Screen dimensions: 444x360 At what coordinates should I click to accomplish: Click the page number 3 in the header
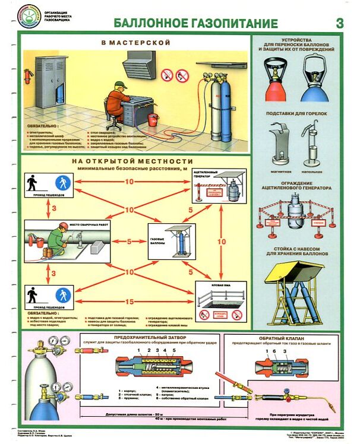[x=340, y=23]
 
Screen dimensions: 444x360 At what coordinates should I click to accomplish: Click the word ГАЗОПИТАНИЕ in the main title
[x=236, y=24]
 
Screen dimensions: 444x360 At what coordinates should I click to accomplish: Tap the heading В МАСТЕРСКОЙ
[x=135, y=43]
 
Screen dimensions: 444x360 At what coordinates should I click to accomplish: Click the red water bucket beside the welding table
[x=153, y=118]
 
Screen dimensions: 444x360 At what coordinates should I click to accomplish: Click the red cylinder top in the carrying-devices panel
[x=275, y=85]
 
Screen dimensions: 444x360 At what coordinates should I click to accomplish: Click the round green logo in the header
[x=29, y=14]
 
